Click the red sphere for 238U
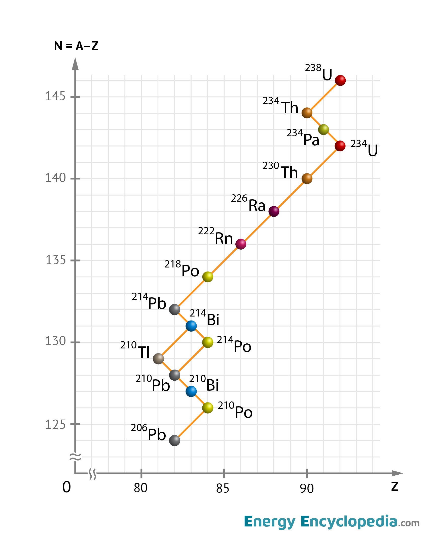point(340,80)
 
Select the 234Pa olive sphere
point(323,130)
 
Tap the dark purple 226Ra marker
point(274,211)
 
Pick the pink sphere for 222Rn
point(241,244)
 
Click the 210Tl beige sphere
point(158,359)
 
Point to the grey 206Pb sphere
point(174,440)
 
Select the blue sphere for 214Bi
point(191,326)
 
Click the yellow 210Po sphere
point(207,408)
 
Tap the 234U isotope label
point(364,148)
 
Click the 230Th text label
point(280,170)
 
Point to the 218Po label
point(182,268)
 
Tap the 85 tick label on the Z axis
point(223,488)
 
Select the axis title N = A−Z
point(76,46)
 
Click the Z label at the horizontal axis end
point(394,486)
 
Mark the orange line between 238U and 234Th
point(323,97)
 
